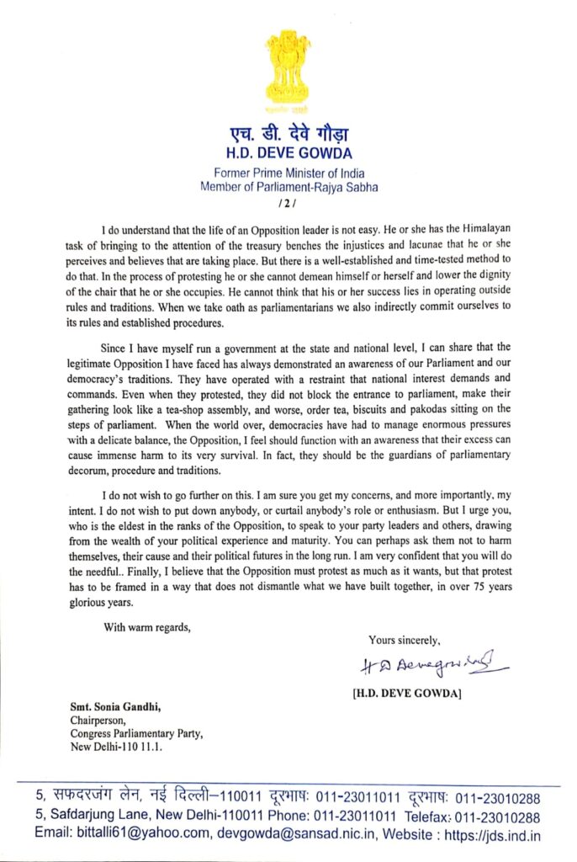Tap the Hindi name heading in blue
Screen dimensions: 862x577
click(x=288, y=135)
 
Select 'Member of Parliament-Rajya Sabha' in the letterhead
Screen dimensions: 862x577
click(x=288, y=188)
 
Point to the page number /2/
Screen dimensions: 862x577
click(x=288, y=204)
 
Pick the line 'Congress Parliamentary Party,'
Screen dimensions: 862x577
click(x=136, y=734)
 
